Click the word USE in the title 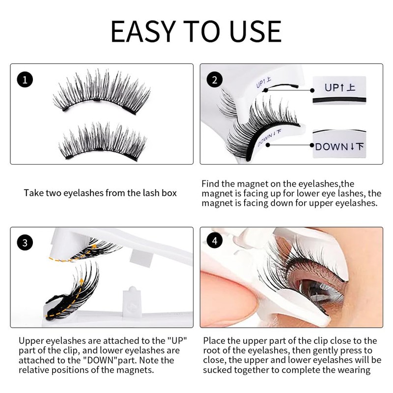(x=255, y=31)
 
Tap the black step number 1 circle (x=25, y=80)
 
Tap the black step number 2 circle (x=215, y=80)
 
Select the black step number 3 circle (x=25, y=243)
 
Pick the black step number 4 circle (x=215, y=241)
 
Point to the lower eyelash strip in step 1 (x=103, y=141)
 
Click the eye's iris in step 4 (x=316, y=288)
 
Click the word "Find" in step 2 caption (x=211, y=184)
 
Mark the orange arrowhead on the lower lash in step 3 (x=82, y=281)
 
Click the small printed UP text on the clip (x=263, y=83)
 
